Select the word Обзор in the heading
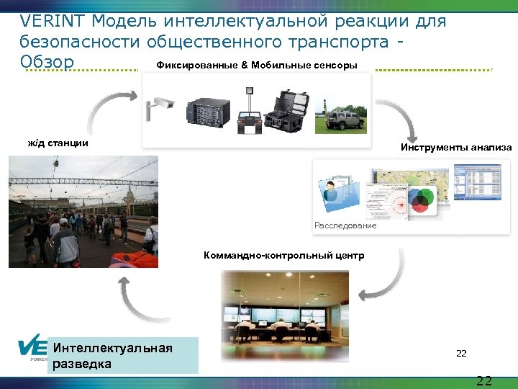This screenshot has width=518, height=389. point(47,63)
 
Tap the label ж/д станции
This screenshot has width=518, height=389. point(58,143)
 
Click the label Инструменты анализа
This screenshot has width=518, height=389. point(456,148)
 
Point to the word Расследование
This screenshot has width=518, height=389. point(345,225)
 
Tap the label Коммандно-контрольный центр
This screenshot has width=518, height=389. point(283,256)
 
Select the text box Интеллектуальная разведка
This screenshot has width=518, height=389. point(122,355)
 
